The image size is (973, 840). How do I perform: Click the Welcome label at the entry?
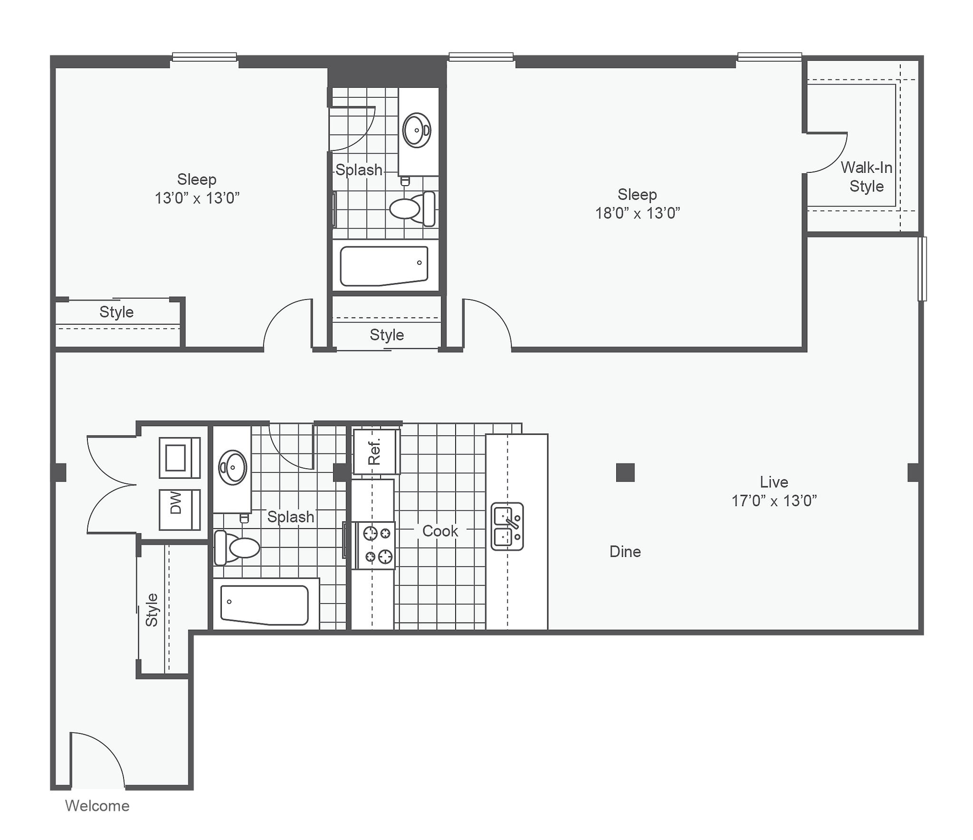97,806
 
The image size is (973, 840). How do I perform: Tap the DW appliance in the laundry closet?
179,510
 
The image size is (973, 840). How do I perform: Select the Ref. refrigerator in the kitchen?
376,452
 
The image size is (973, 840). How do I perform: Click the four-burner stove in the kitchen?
379,545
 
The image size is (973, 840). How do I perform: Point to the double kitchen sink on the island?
507,526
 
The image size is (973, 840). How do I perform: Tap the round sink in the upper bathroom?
417,130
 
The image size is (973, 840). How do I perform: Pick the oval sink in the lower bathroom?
232,467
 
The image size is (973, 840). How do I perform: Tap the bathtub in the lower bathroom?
265,604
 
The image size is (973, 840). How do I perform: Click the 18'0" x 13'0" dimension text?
638,213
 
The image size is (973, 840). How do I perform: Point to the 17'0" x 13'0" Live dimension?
774,501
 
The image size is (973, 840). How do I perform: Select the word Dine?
625,551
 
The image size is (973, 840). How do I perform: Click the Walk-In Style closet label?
867,177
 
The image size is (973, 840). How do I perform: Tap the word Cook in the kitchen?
440,531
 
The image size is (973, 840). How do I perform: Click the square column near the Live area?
625,472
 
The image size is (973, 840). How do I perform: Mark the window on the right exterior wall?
922,269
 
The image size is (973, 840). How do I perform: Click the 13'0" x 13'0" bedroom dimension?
197,198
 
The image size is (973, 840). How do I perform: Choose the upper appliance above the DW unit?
179,457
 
